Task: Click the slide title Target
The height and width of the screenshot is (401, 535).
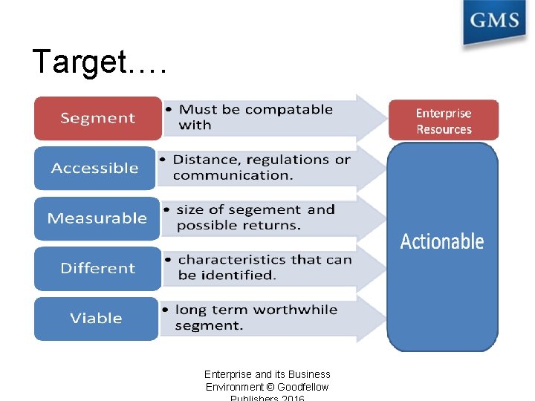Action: [100, 62]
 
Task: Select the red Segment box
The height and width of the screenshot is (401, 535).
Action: [97, 118]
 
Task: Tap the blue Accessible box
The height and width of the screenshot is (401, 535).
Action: [94, 169]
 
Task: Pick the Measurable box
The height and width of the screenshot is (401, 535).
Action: [97, 218]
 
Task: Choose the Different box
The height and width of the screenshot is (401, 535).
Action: [97, 268]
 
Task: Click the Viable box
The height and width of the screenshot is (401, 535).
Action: [96, 319]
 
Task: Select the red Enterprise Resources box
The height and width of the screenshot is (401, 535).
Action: [444, 121]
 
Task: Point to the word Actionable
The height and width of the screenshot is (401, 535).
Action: [442, 242]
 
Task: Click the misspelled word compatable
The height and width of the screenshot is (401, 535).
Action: [289, 110]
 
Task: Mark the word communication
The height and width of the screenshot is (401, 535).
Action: [233, 176]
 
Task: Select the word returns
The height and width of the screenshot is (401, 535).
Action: [273, 226]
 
